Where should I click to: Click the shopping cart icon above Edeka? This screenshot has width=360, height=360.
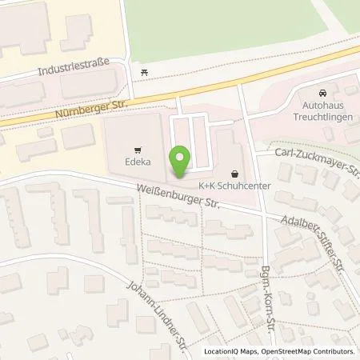click(x=139, y=148)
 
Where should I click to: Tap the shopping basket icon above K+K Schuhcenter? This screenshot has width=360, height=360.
click(x=234, y=172)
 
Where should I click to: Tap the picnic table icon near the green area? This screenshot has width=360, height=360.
click(x=144, y=73)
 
